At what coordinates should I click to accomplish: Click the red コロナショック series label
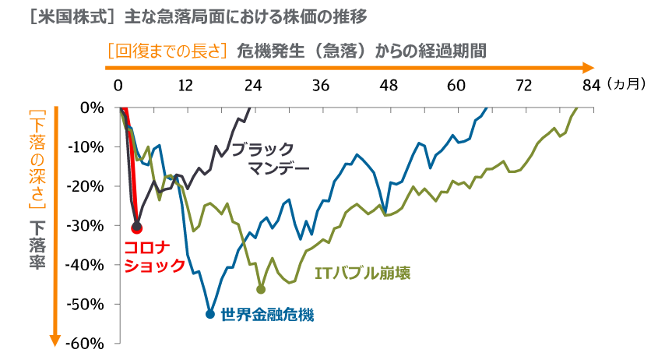[154, 256]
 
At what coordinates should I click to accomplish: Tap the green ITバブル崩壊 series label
[362, 274]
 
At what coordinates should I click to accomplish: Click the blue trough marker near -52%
[209, 314]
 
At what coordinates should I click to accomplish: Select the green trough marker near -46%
[261, 289]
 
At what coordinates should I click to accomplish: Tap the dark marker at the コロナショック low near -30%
[137, 228]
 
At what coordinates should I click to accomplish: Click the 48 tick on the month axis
[388, 85]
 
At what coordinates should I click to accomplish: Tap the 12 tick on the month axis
[185, 85]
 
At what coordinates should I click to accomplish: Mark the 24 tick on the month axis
[252, 85]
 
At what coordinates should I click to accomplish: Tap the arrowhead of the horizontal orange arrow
[589, 68]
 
